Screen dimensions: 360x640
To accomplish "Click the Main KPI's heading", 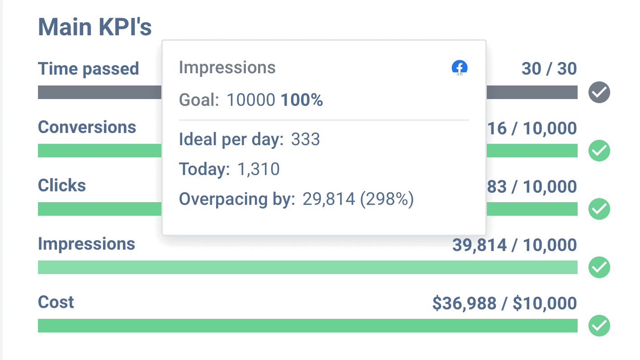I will tap(94, 27).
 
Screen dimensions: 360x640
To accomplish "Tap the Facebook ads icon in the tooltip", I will tap(459, 68).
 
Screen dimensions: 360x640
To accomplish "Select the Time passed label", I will tap(88, 69).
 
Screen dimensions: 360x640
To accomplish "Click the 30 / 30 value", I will tap(549, 69).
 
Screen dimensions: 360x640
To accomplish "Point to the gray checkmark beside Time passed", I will tap(599, 93).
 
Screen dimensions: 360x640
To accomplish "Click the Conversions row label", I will tap(87, 127).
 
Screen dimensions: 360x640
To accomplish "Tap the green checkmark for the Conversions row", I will tap(599, 151).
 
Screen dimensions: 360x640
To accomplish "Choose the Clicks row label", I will tap(62, 185).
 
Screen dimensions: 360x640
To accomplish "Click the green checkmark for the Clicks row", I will tap(599, 209).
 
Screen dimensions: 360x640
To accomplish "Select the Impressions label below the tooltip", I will tap(86, 244).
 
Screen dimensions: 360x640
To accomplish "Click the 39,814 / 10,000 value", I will tap(514, 245).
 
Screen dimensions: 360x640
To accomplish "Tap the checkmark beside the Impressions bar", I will tap(599, 267).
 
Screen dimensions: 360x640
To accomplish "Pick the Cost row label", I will tap(56, 302).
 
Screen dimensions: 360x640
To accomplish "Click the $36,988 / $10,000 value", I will tap(504, 303).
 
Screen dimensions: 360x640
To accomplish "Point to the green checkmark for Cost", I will tap(599, 326).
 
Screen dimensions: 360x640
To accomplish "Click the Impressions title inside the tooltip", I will tap(227, 68).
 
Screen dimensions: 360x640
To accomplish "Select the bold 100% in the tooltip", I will tap(301, 100).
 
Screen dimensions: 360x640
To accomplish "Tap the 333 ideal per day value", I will tap(306, 139).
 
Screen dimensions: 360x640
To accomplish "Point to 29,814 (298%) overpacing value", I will tap(358, 199).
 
